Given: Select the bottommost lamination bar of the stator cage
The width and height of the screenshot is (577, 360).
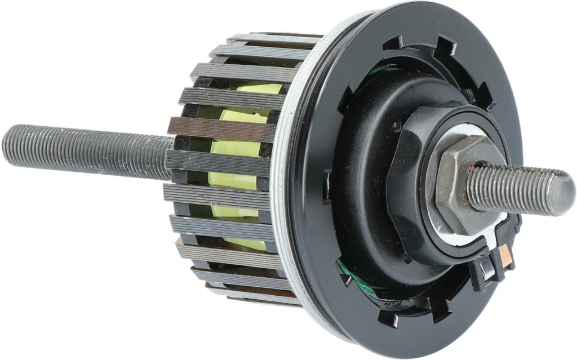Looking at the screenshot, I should tap(254, 294).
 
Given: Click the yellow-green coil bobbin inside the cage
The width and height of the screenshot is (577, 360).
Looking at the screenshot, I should tap(237, 169).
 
